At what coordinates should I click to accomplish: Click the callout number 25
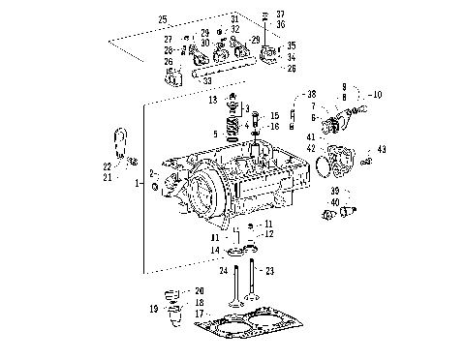(x=163, y=19)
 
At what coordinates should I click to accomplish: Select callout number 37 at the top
(x=280, y=14)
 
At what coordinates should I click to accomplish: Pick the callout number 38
(x=312, y=94)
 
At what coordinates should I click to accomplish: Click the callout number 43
(x=383, y=149)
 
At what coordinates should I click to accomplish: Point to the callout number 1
(x=139, y=182)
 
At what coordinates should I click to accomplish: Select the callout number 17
(x=198, y=314)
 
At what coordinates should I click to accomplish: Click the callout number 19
(x=154, y=310)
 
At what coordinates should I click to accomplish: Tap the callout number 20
(x=201, y=290)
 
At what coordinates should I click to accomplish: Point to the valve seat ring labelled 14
(x=239, y=253)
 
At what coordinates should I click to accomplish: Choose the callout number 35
(x=292, y=45)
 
